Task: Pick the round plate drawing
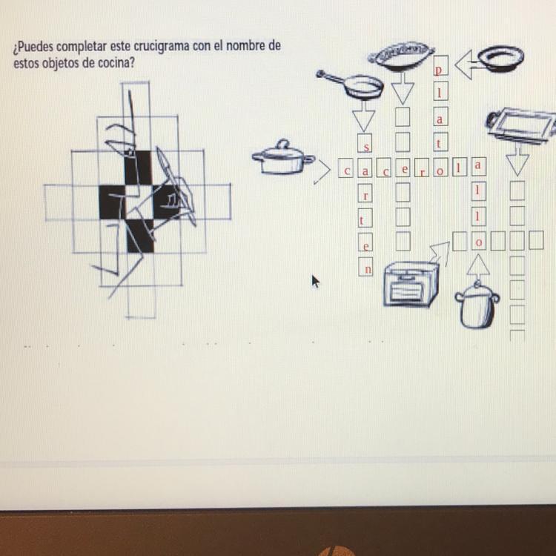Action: [500, 59]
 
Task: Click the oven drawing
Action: [411, 284]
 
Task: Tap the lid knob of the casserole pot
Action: [282, 145]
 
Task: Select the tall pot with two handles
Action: [477, 305]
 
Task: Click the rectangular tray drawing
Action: [520, 125]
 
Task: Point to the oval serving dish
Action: [401, 56]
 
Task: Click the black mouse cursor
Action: [315, 282]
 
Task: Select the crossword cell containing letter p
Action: [440, 65]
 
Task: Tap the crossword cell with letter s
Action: [365, 142]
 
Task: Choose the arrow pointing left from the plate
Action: [466, 64]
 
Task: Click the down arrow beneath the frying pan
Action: [364, 116]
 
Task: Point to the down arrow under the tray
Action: [518, 159]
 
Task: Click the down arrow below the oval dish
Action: [403, 88]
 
